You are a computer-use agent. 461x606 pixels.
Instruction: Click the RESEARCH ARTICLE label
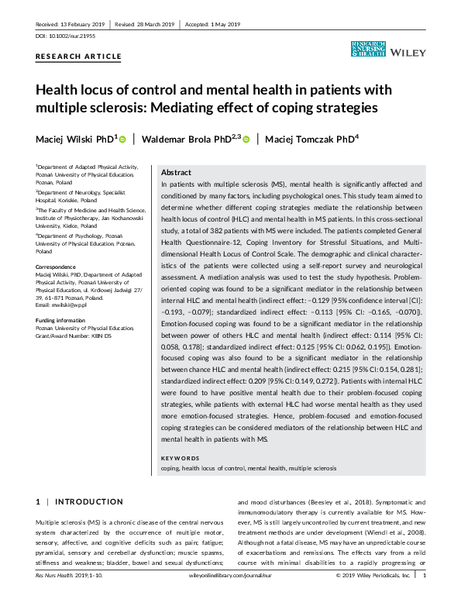coord(79,57)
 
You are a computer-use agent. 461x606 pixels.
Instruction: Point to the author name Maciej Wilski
coord(75,139)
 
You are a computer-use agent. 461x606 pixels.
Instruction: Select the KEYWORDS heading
coord(179,459)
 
